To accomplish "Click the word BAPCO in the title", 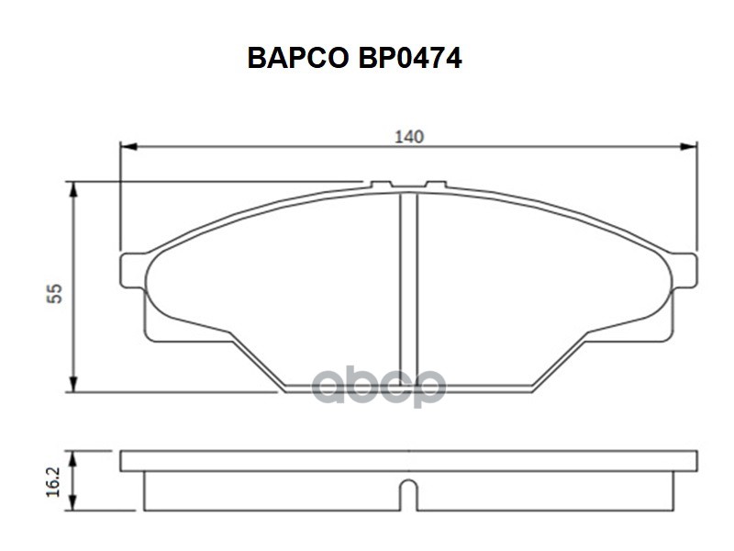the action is click(x=297, y=58).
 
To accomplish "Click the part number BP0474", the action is click(x=410, y=58).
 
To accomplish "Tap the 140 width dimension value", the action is click(x=409, y=137).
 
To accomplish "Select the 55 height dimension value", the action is click(x=54, y=293).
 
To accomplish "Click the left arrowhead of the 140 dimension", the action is click(x=128, y=147).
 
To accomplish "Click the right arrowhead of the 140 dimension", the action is click(x=689, y=147).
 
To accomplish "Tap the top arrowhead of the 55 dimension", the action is click(x=73, y=190).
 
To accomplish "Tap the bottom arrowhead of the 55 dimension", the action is click(x=73, y=383).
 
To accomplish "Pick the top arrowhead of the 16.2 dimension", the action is click(x=72, y=459).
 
